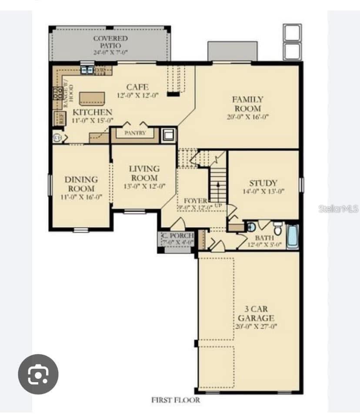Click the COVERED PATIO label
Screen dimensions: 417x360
(x=110, y=42)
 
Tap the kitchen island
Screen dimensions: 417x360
(x=92, y=98)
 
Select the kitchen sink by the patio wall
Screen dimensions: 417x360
(x=87, y=69)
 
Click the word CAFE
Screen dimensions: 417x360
(x=137, y=87)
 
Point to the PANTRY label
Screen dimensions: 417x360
(x=135, y=133)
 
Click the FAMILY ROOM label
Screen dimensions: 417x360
(x=247, y=104)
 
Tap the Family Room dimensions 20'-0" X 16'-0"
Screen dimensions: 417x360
(x=248, y=117)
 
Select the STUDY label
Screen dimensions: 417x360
(x=263, y=183)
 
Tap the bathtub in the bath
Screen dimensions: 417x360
(x=293, y=236)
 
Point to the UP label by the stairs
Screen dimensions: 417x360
(x=218, y=205)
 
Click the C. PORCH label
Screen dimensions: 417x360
(x=177, y=236)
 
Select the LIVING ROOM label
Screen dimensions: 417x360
(x=144, y=173)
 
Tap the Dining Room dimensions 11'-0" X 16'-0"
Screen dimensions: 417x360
(x=81, y=197)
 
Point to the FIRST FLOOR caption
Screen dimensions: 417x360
(x=176, y=400)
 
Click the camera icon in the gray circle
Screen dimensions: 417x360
(x=38, y=374)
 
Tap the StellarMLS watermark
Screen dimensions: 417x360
(x=338, y=209)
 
